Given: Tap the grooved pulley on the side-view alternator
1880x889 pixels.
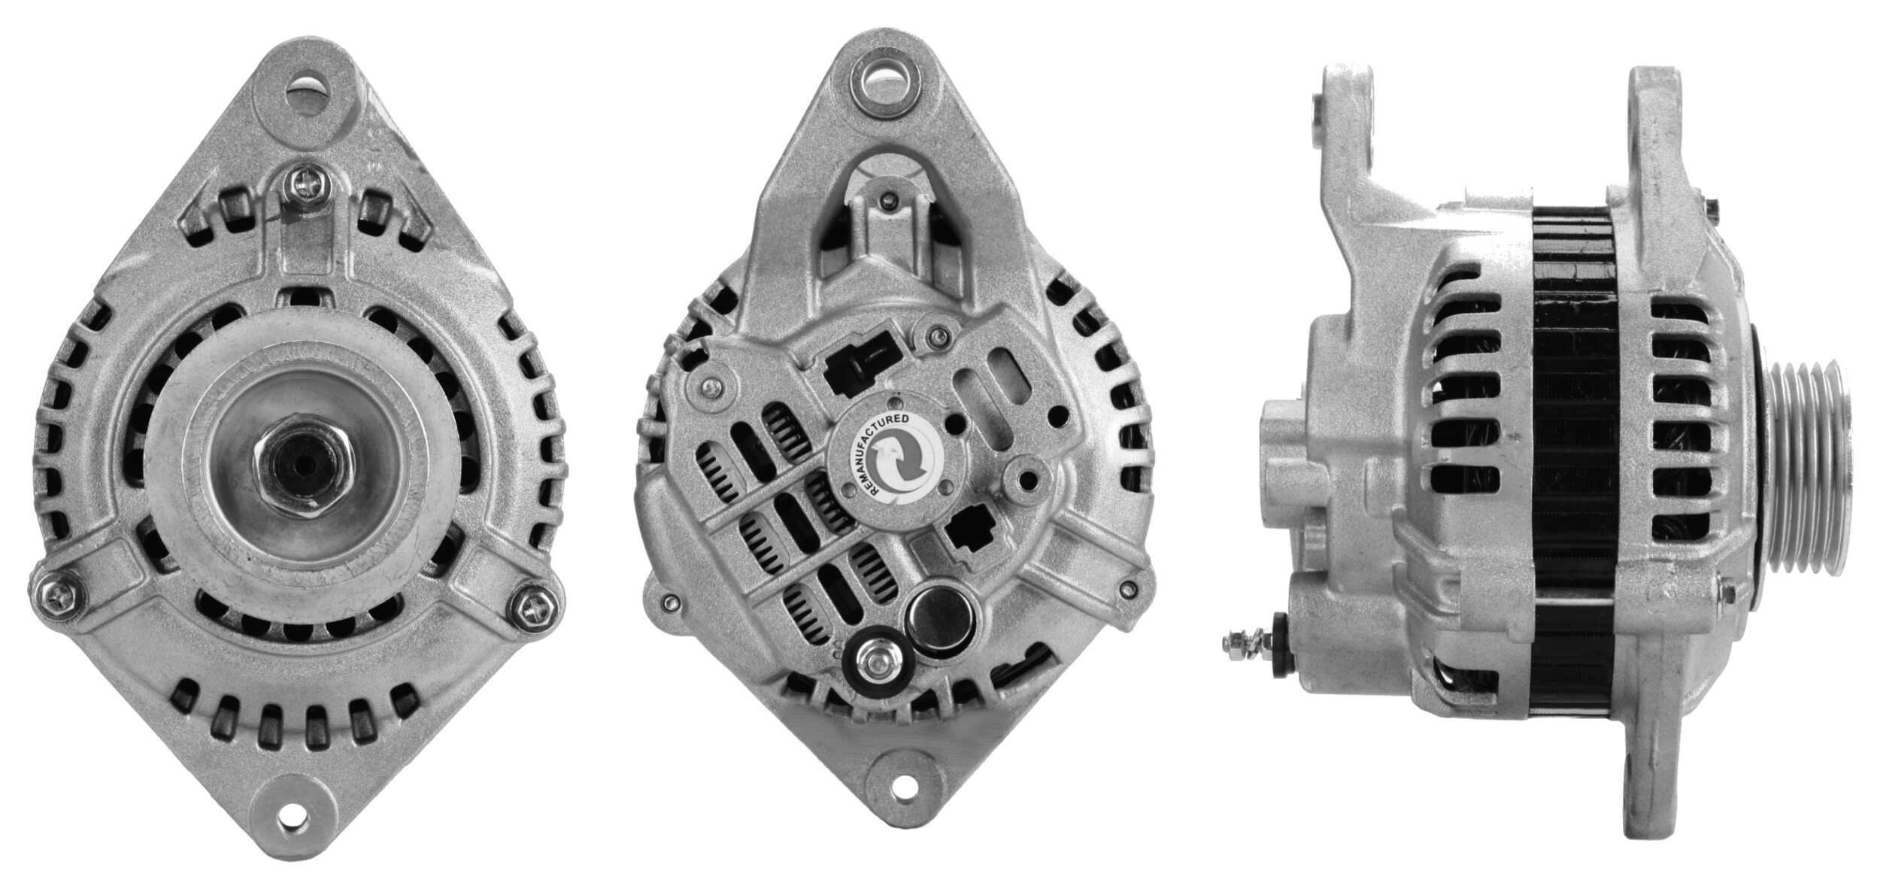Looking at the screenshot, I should point(1805,459).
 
